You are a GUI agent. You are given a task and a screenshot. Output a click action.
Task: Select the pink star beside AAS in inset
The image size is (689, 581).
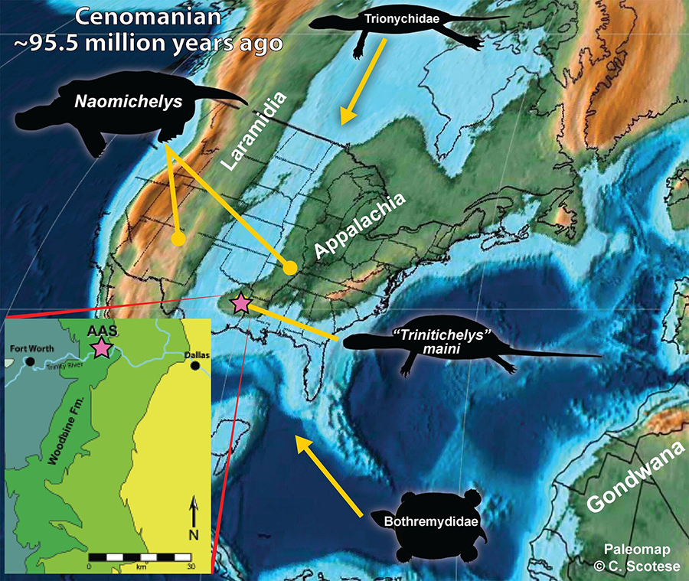pos(101,348)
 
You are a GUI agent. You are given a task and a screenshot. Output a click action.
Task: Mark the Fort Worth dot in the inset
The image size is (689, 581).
pos(29,361)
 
